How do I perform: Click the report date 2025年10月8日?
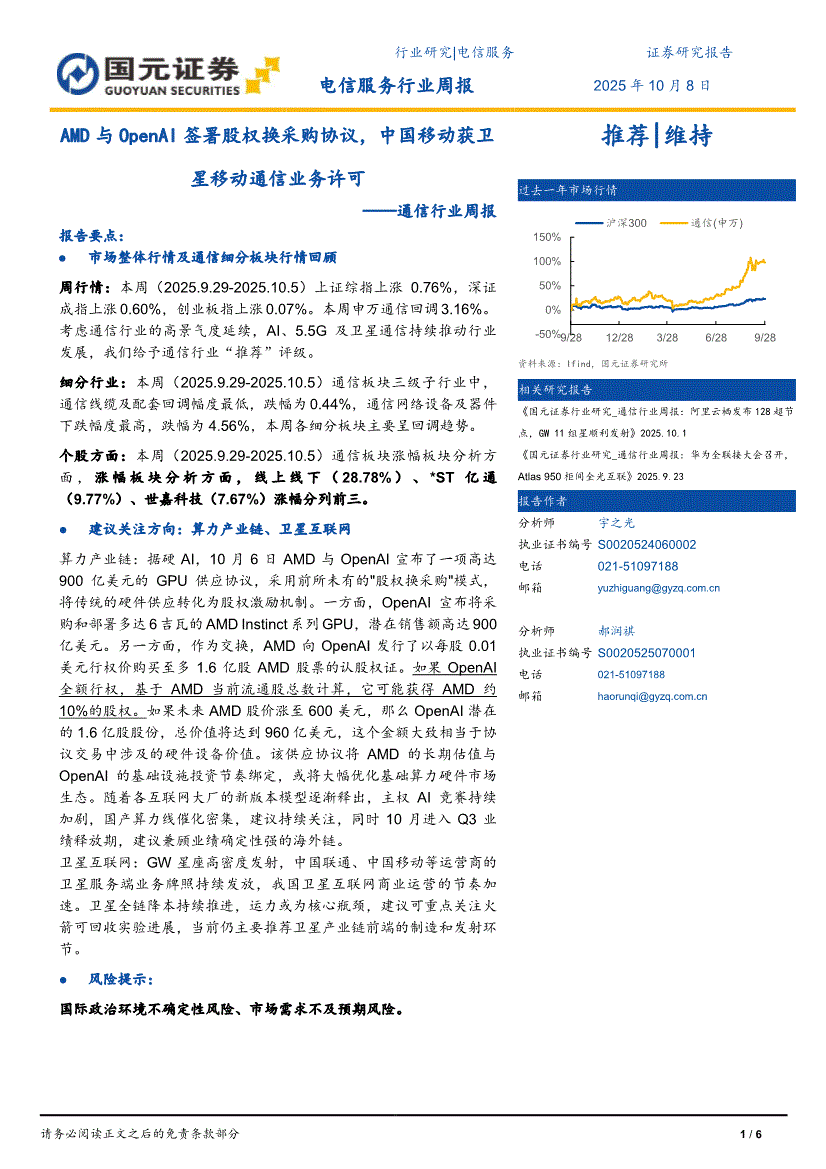point(652,86)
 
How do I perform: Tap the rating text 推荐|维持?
point(656,137)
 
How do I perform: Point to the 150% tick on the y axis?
point(547,238)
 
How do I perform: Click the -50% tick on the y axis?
point(547,334)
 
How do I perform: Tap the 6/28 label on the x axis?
point(716,339)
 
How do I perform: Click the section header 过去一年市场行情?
point(554,190)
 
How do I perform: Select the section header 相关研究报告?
point(555,389)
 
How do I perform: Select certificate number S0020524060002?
point(647,545)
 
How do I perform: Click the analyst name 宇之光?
point(616,523)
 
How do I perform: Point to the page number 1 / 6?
point(751,1134)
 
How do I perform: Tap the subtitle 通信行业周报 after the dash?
point(446,211)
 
